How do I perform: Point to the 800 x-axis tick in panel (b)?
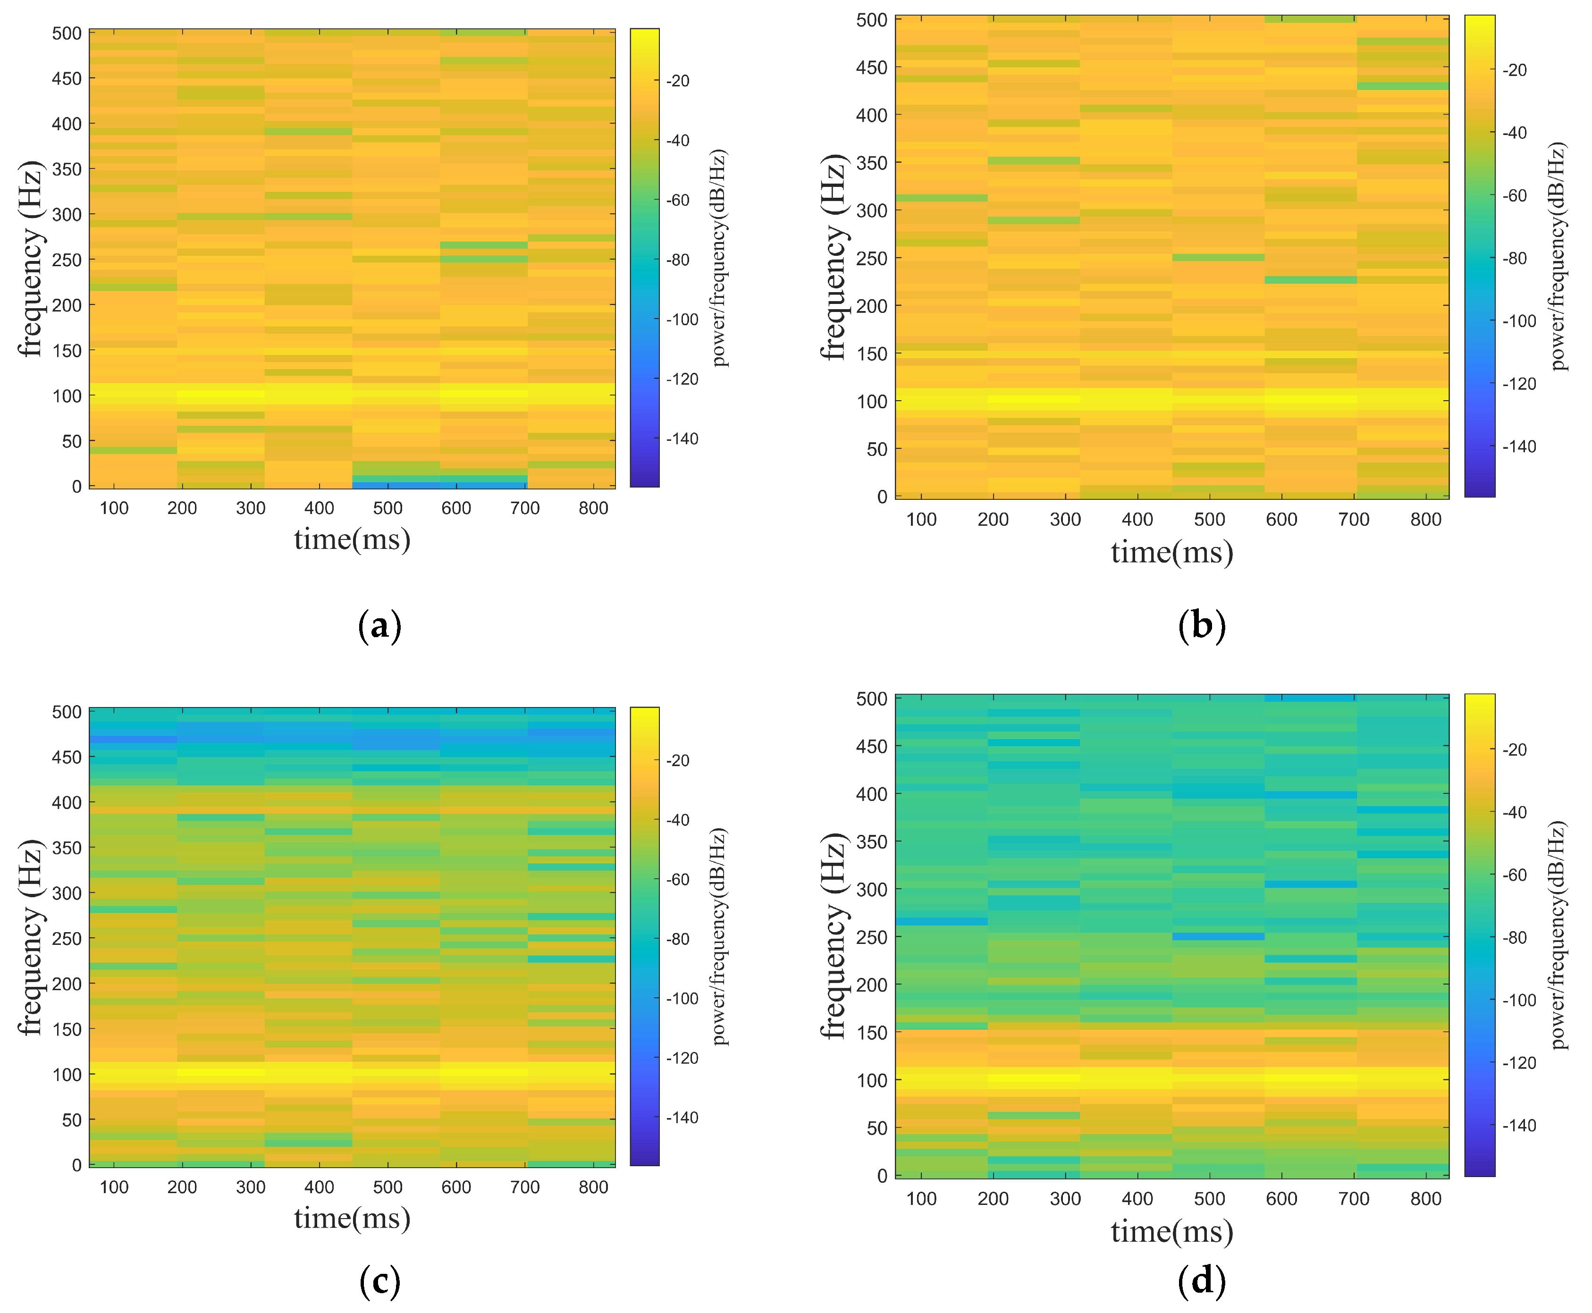tap(1425, 520)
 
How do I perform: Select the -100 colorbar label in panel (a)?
tap(682, 320)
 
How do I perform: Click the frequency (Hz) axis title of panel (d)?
tap(834, 936)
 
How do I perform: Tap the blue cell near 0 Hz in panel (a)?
tap(438, 485)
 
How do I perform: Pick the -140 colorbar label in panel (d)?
tap(1519, 1126)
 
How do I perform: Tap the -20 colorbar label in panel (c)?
tap(678, 761)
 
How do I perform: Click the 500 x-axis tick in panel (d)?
tap(1209, 1199)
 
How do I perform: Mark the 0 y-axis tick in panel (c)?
tap(76, 1166)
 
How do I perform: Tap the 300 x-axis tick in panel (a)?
tap(250, 508)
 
